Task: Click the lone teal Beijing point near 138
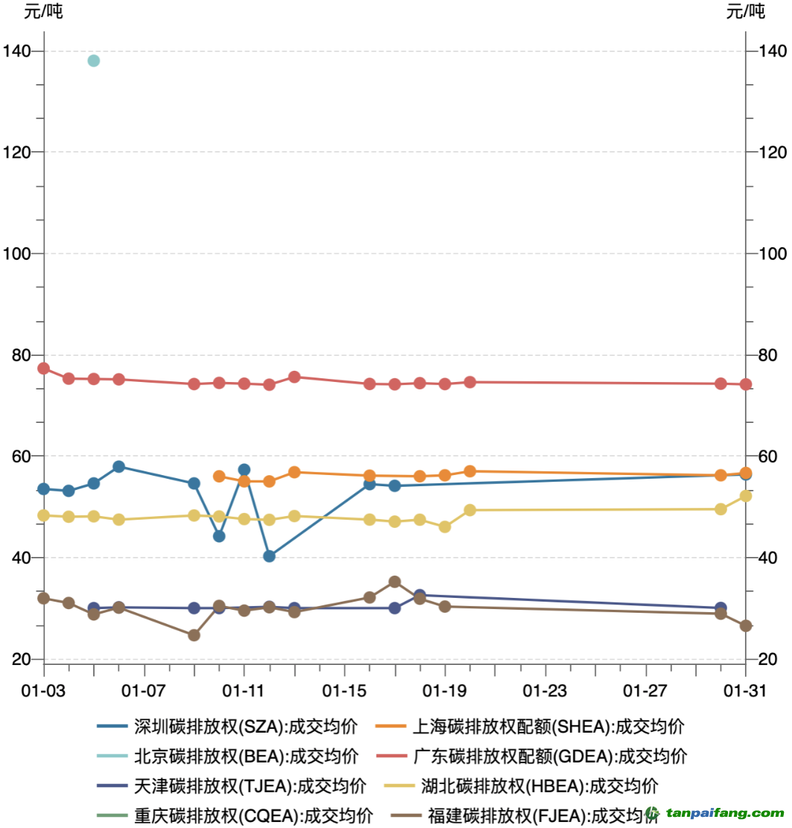click(x=94, y=60)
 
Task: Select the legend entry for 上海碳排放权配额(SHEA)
click(x=529, y=726)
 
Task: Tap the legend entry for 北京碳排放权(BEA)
click(x=227, y=756)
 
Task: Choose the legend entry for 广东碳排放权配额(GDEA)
click(x=531, y=756)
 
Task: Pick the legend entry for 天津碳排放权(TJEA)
click(x=231, y=786)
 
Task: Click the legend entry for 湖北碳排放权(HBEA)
click(x=520, y=786)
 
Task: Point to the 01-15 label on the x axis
click(x=345, y=690)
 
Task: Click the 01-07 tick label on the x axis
click(x=144, y=690)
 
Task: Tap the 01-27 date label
click(x=645, y=690)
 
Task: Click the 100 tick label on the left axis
click(x=16, y=253)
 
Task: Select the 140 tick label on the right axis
click(x=772, y=51)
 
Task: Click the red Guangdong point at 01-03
click(x=44, y=368)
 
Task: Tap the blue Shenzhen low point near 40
click(x=269, y=556)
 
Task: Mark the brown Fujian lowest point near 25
click(x=194, y=635)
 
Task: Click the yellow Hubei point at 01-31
click(x=746, y=496)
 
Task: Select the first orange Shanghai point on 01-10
click(x=219, y=477)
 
